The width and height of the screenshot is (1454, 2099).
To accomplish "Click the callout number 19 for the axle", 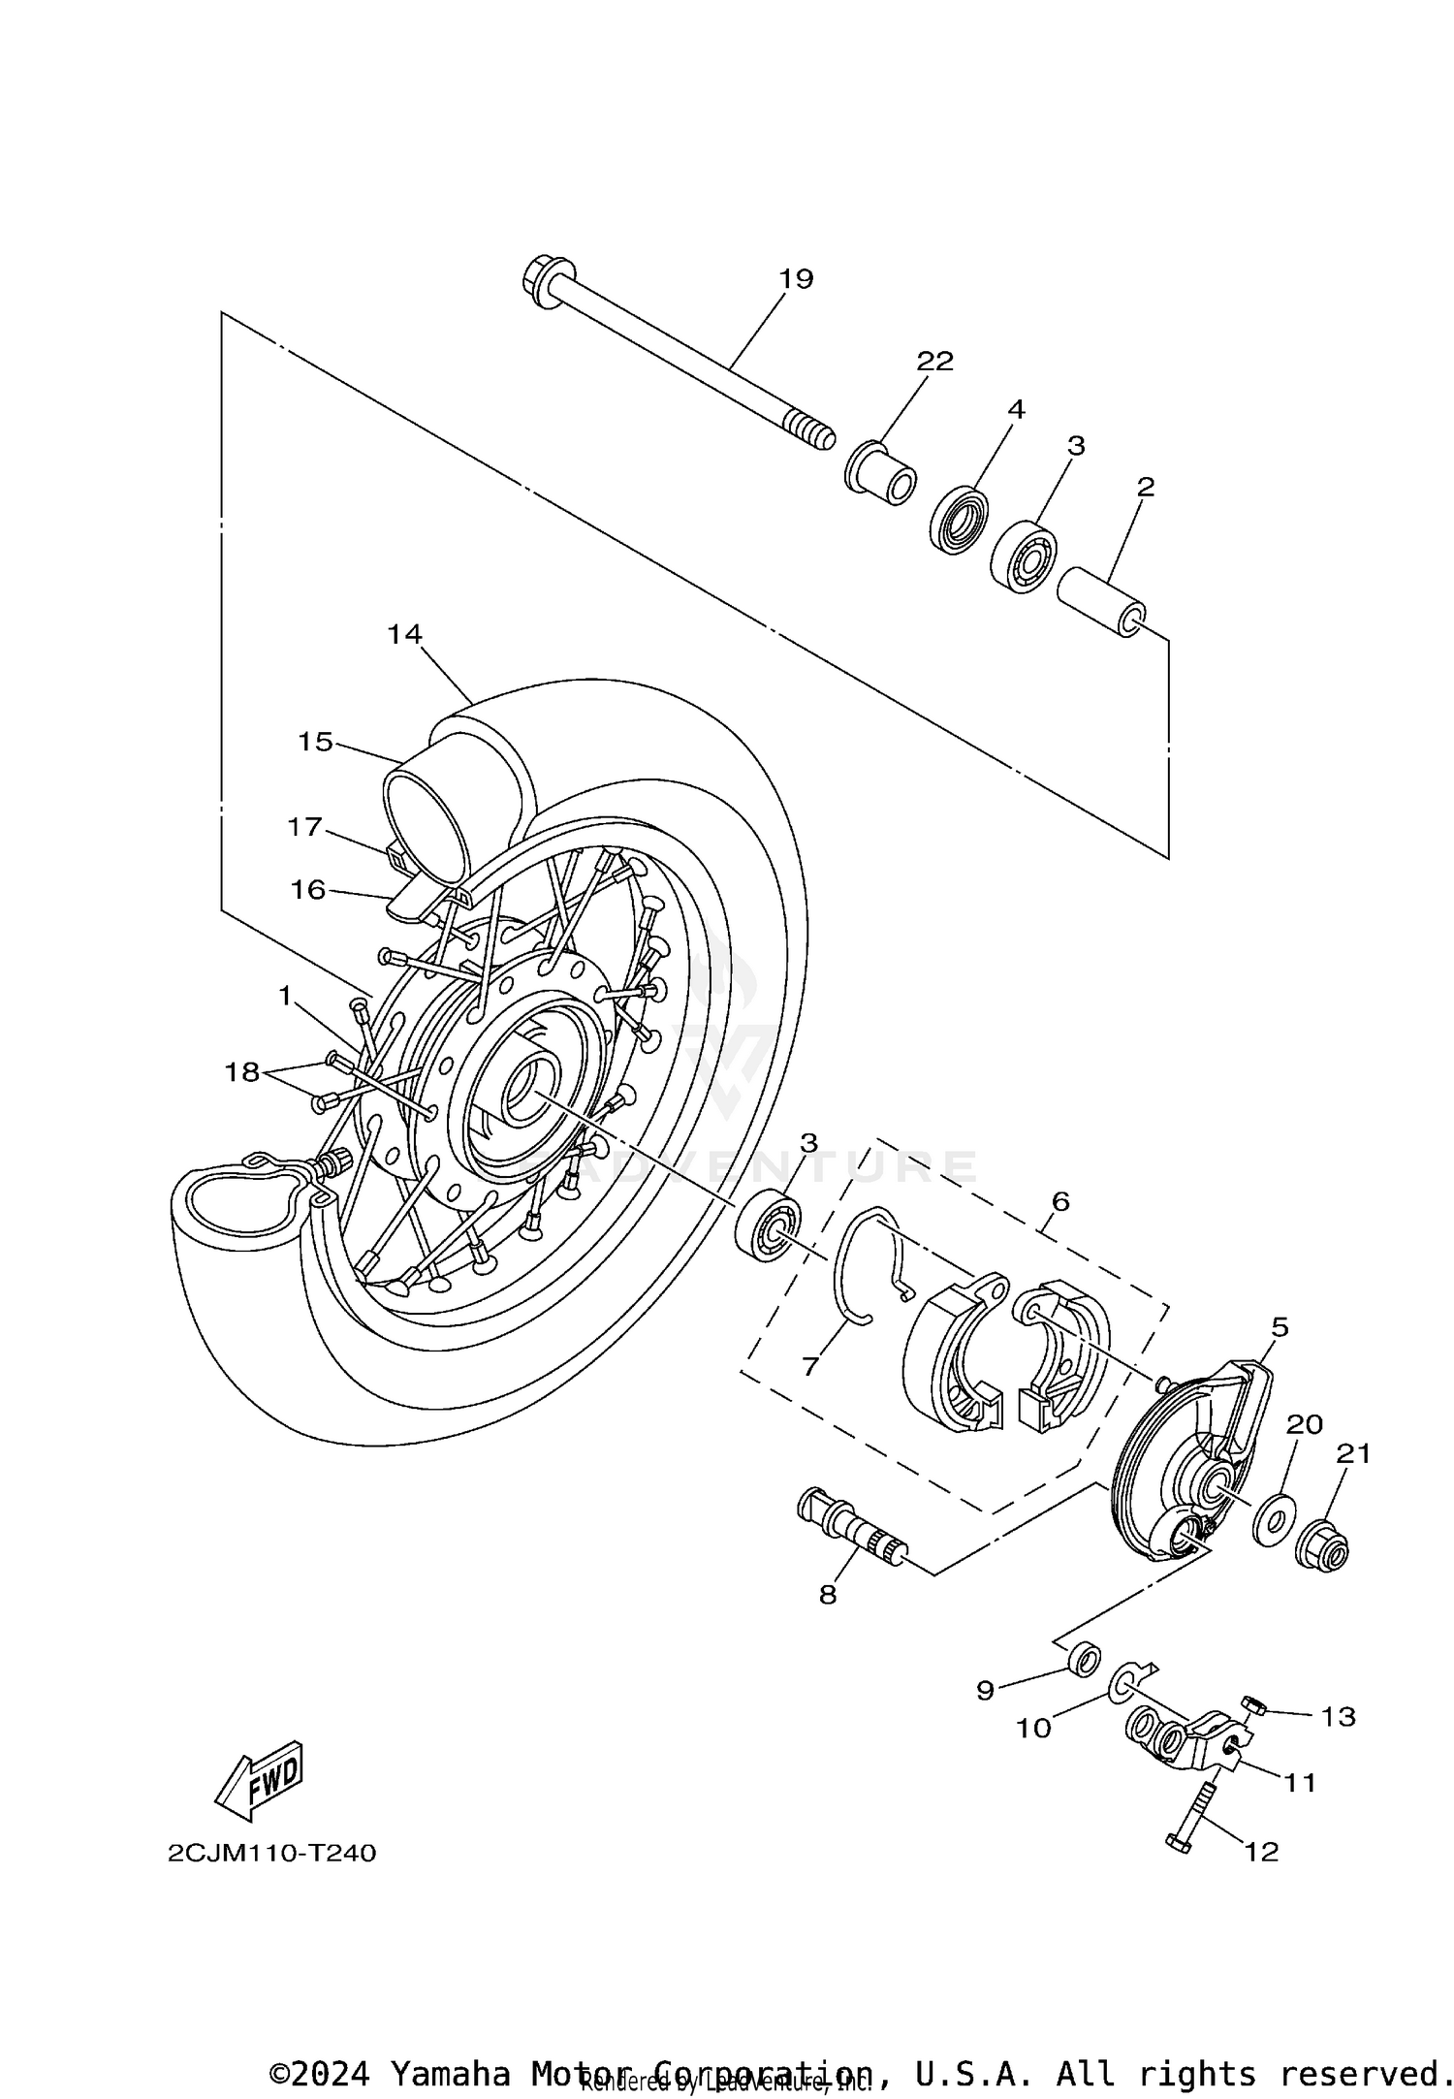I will (796, 279).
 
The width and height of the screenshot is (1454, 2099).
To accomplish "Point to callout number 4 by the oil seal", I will (1015, 409).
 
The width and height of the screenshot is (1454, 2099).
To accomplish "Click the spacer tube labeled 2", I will (1101, 602).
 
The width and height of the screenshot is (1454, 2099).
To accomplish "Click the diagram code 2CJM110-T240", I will (271, 1853).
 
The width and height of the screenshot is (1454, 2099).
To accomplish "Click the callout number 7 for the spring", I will (810, 1367).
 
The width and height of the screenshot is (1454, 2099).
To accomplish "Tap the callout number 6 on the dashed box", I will (1059, 1202).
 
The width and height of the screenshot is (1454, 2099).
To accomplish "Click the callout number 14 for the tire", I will (404, 634).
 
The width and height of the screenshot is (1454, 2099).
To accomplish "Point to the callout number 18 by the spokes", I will (242, 1071).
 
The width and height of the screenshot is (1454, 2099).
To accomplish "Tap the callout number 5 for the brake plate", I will (1280, 1327).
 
